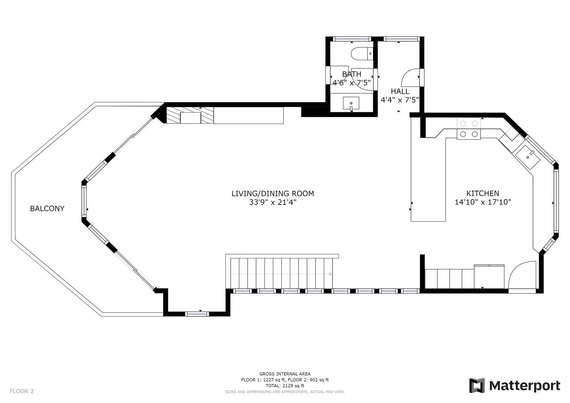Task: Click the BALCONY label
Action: (x=47, y=208)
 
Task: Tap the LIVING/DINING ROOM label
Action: (x=273, y=193)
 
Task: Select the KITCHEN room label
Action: (x=483, y=193)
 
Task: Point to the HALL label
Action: (x=400, y=91)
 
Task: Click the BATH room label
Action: (x=352, y=74)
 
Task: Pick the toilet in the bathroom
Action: (x=362, y=54)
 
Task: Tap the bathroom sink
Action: (x=351, y=103)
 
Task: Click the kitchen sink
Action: (x=528, y=157)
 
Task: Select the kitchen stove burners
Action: (x=469, y=129)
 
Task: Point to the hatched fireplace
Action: (x=190, y=115)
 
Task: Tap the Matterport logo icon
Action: (x=477, y=386)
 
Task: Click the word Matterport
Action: (x=525, y=386)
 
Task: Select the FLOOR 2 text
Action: (x=22, y=391)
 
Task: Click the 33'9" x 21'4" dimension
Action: (x=273, y=202)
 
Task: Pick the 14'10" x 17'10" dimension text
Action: (x=483, y=202)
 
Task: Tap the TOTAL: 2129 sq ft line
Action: (x=285, y=386)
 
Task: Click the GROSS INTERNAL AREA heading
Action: (x=285, y=374)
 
